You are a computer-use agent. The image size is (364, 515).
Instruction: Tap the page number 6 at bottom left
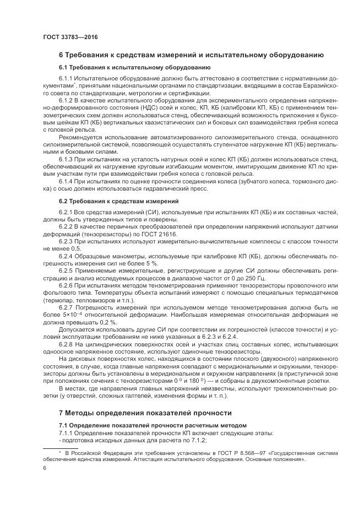pos(45,468)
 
